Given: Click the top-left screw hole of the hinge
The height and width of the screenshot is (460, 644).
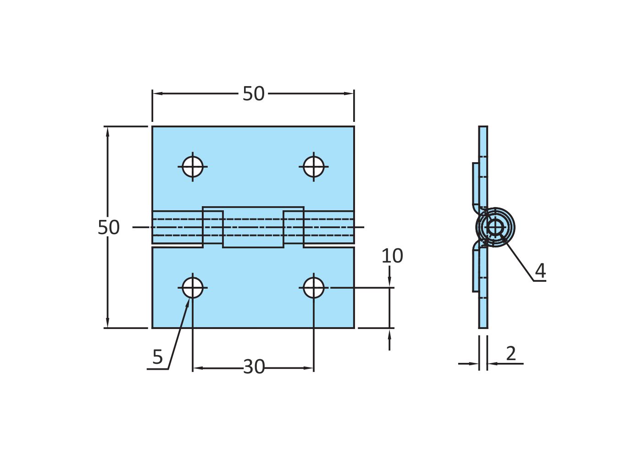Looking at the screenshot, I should point(193,166).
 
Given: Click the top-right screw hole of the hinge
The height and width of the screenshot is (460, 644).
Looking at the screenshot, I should point(314,166).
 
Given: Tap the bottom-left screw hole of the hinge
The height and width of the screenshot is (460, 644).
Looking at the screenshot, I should point(193,288).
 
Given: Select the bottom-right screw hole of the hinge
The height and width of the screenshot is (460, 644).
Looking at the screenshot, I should point(314,288).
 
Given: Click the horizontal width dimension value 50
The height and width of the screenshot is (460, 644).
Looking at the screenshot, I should point(253,94).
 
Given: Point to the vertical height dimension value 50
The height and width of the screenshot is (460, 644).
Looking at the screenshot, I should point(109,228).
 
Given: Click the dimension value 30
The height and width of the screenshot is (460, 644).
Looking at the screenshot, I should point(254,367).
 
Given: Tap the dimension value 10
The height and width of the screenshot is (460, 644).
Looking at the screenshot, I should point(392,256).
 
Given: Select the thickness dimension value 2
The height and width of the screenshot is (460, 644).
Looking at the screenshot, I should point(511,353).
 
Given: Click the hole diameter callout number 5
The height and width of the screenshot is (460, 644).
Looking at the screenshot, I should point(157,357).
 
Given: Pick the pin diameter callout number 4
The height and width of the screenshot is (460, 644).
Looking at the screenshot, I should point(540,271).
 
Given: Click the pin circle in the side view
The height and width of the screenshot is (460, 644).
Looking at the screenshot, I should point(495,227).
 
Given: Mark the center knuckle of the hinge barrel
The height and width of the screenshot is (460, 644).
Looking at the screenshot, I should point(253,227).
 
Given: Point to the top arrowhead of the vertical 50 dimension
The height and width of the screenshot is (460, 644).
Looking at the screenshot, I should point(108,131).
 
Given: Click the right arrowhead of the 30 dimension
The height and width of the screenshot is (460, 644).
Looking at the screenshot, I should point(310,368).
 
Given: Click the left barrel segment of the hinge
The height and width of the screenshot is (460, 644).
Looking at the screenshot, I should point(178,227).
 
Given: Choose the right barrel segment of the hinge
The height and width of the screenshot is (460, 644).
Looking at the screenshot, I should point(328,227).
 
